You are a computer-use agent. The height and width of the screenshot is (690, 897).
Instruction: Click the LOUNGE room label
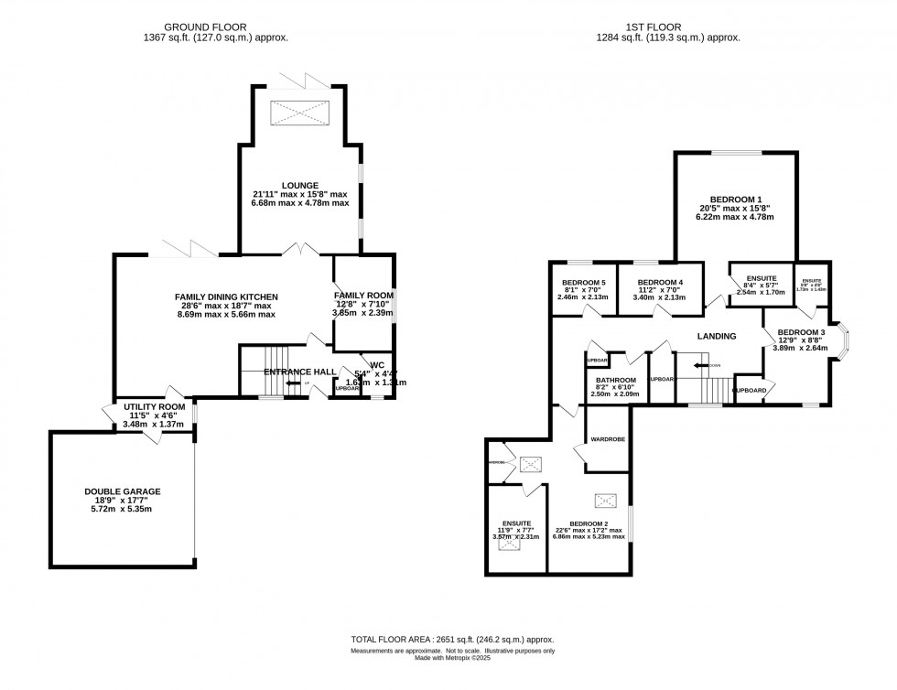[300, 186]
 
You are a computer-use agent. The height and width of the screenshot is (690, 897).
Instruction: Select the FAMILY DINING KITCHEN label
[226, 296]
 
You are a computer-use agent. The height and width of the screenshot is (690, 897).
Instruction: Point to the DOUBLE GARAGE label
[123, 491]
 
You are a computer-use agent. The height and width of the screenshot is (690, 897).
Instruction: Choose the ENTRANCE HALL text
[296, 372]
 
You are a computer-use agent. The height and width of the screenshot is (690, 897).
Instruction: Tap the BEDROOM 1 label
[735, 199]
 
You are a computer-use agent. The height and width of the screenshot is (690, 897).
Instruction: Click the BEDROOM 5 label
[584, 282]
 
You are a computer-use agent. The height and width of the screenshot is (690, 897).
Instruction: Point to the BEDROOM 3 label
[802, 332]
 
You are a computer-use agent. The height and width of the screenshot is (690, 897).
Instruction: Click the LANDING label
[717, 336]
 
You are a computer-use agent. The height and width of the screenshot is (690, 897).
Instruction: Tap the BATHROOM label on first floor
[616, 379]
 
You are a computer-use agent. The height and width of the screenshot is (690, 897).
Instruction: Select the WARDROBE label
[607, 439]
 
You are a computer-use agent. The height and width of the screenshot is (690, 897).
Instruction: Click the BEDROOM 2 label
[589, 522]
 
